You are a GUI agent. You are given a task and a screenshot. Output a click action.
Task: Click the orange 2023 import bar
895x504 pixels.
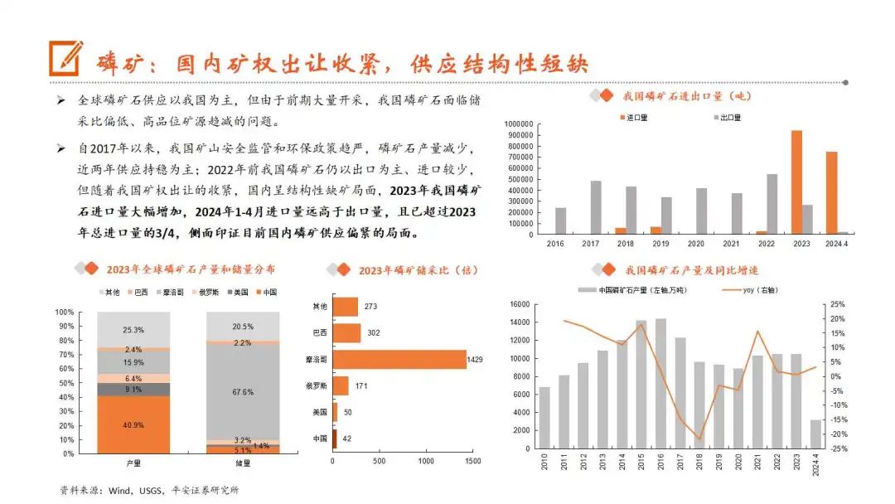[x=796, y=182]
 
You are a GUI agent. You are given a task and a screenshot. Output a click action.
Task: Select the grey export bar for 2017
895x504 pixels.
[x=596, y=207]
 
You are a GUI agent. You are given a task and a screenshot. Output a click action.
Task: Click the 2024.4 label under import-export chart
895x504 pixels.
[x=837, y=244]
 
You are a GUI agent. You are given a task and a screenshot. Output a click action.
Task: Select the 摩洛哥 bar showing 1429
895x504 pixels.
[x=399, y=360]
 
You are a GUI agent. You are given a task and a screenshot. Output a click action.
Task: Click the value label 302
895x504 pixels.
[x=374, y=332]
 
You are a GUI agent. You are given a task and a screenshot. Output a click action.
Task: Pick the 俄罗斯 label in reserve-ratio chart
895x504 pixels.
[x=317, y=385]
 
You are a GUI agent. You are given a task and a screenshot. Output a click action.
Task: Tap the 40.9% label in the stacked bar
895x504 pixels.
[x=133, y=425]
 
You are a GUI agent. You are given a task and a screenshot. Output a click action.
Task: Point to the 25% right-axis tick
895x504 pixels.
[x=837, y=304]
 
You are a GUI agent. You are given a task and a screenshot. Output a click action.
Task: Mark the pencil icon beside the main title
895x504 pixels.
[x=65, y=58]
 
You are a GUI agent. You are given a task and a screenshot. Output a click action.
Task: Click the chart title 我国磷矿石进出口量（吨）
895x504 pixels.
[x=686, y=95]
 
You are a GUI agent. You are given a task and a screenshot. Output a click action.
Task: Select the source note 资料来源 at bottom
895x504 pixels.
[x=150, y=490]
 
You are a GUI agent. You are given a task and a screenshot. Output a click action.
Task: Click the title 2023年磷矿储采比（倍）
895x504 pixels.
[x=418, y=269]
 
